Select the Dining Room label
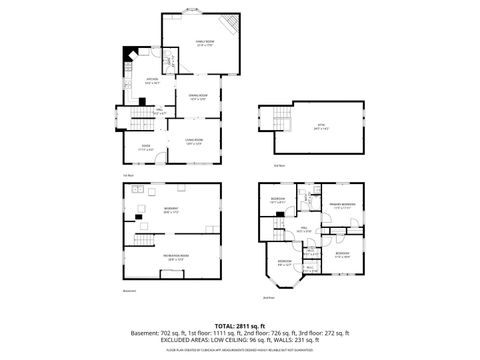tap(198, 96)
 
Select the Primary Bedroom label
tap(344, 207)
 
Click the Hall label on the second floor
tap(303, 230)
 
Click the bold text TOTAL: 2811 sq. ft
tap(240, 325)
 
